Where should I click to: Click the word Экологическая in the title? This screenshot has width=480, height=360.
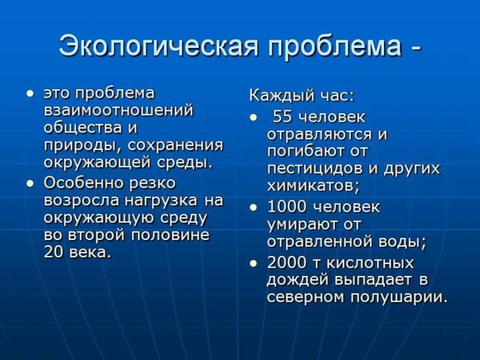tap(158, 46)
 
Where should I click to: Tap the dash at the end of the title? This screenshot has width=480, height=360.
tap(415, 47)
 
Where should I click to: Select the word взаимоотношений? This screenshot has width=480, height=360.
tap(118, 110)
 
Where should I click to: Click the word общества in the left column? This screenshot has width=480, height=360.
tap(82, 127)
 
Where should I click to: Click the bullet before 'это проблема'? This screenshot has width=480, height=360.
tap(30, 93)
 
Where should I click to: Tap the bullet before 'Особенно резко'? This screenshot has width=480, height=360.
tap(30, 183)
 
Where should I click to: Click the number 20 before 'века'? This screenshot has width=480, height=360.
tap(53, 252)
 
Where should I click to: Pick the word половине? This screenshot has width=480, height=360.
tap(170, 235)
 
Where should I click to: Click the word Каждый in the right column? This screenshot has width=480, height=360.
tap(282, 95)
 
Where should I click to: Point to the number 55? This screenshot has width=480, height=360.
tap(282, 117)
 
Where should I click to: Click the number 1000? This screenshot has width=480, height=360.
tap(286, 207)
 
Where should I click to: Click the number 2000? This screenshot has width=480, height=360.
tap(286, 262)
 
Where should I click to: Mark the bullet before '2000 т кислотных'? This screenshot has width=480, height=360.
tap(253, 263)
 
